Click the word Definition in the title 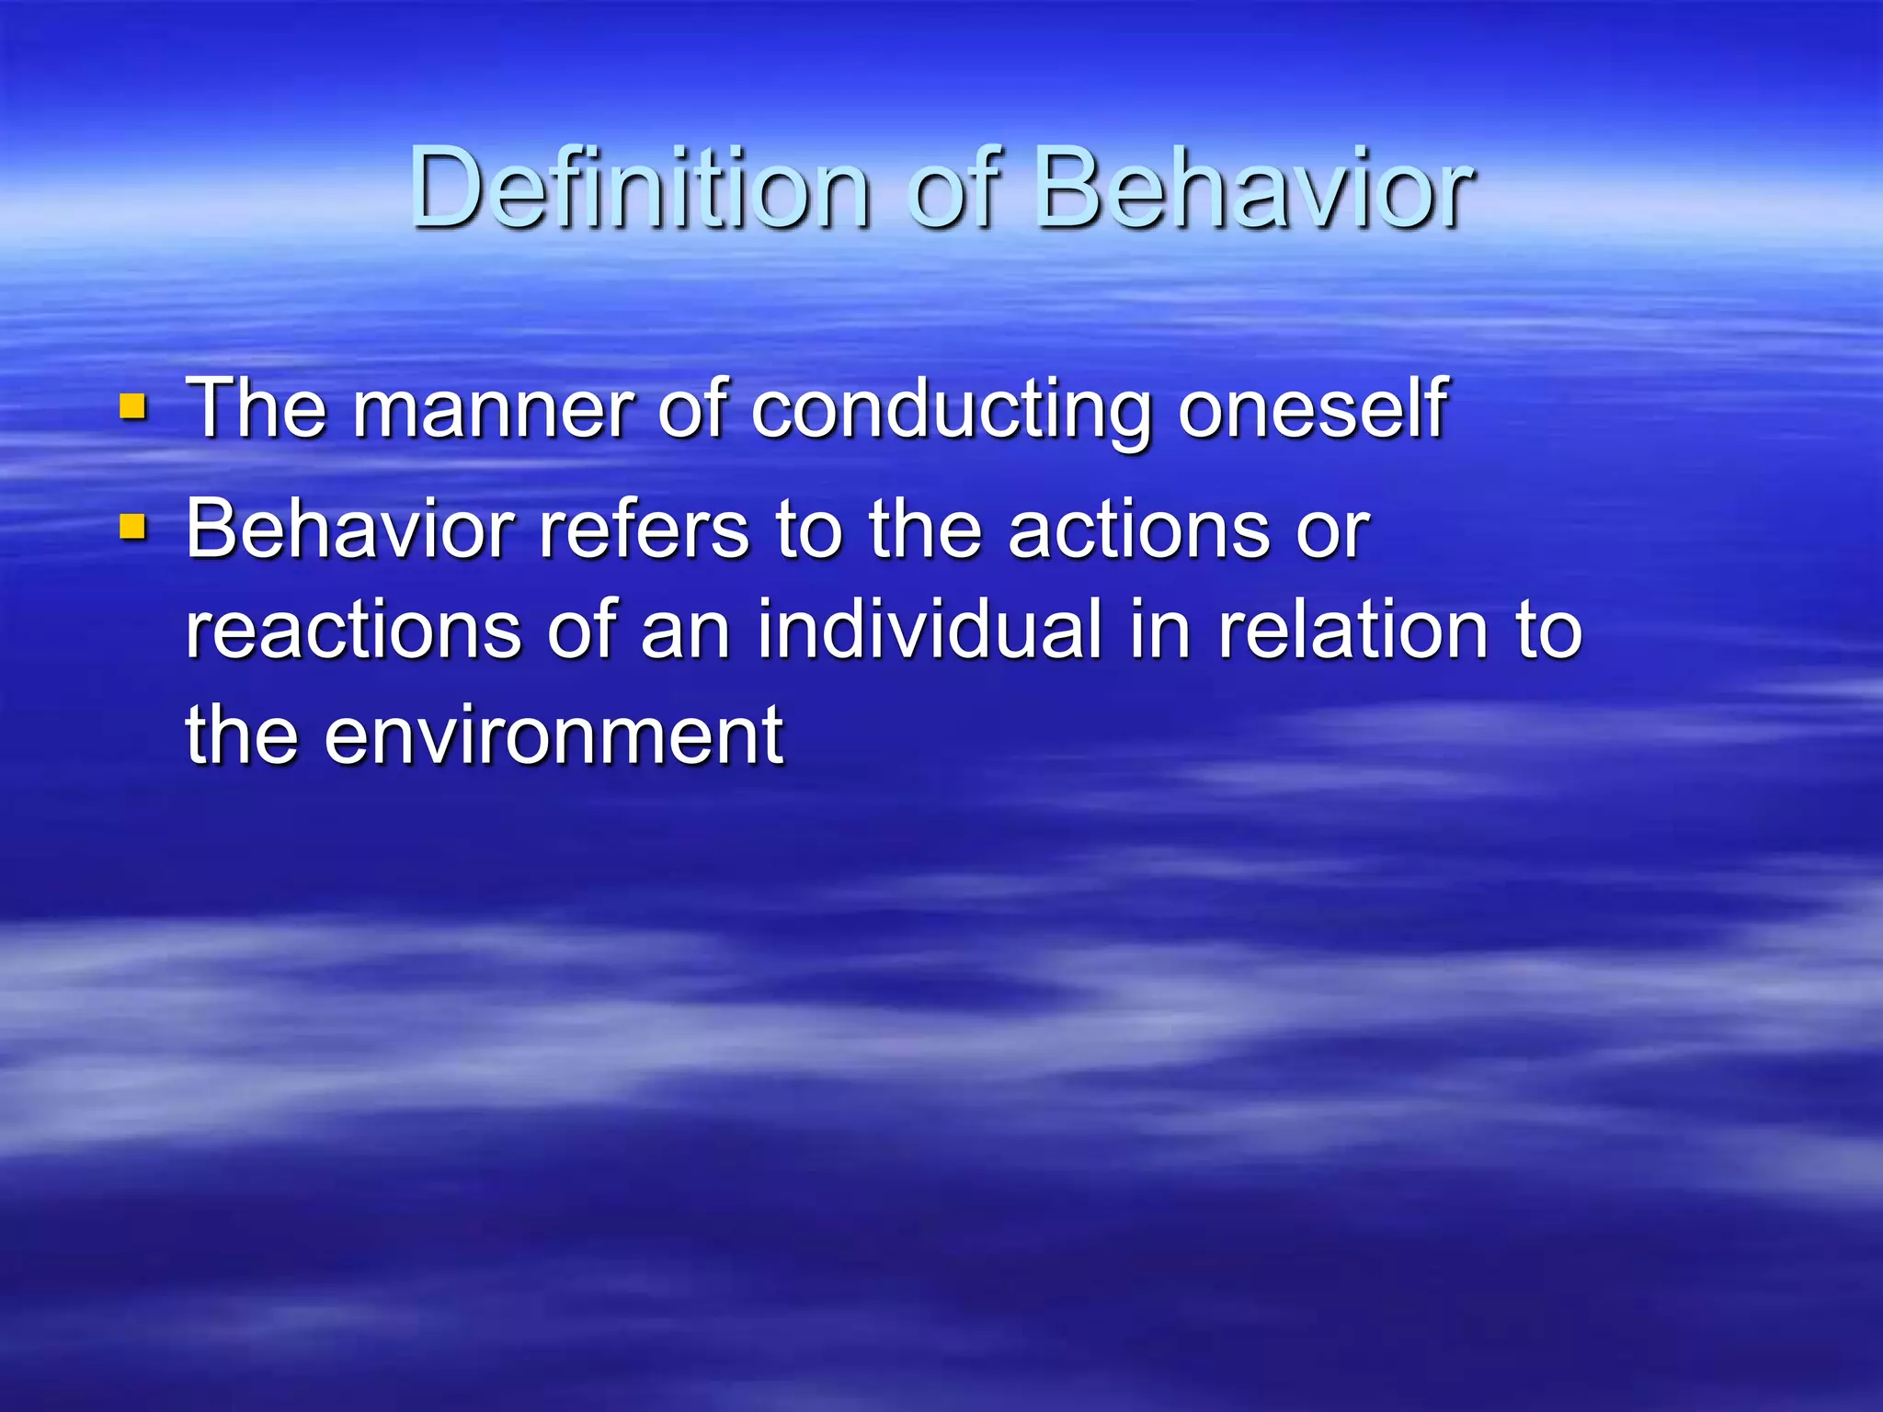[640, 188]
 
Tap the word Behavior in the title [1254, 188]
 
